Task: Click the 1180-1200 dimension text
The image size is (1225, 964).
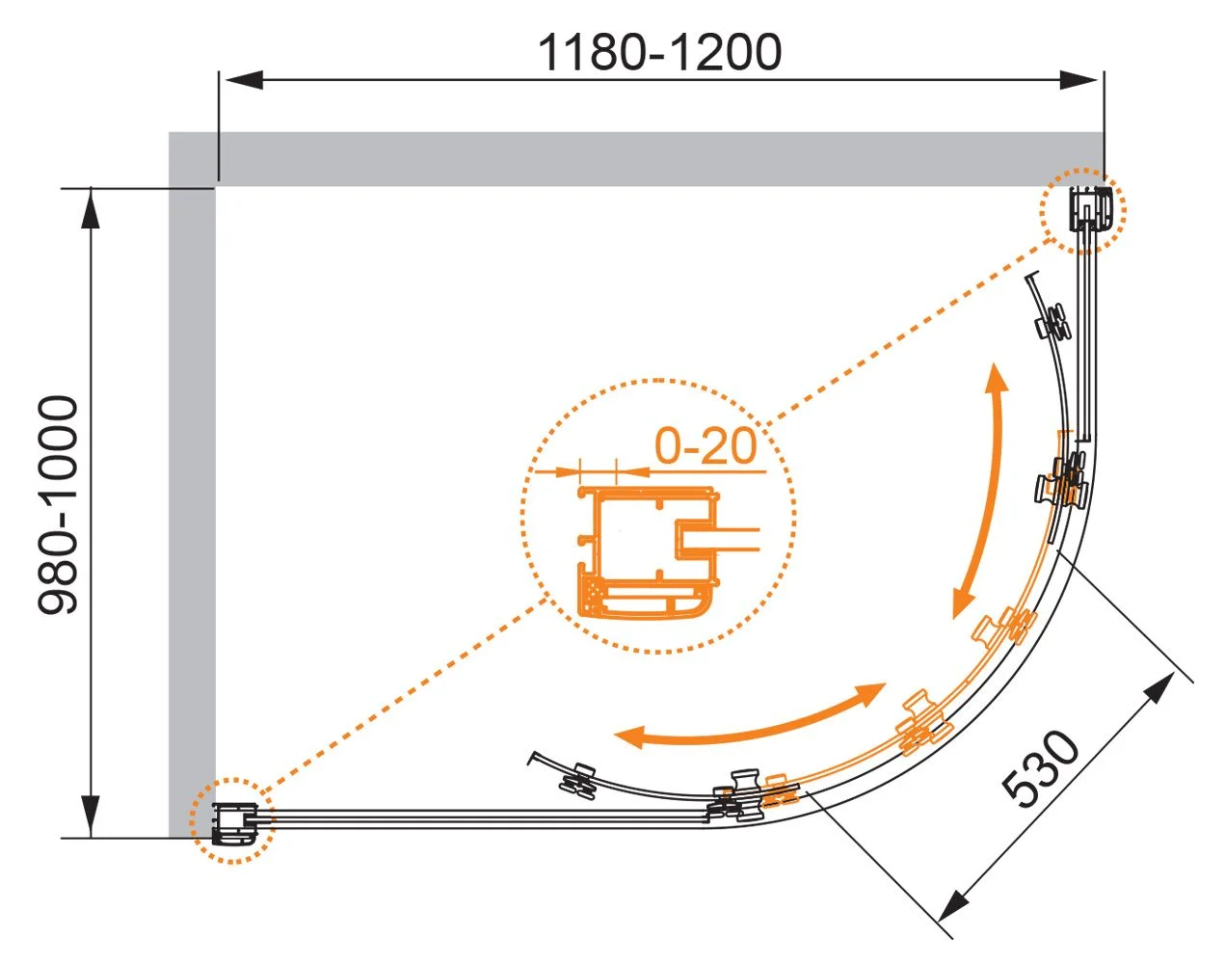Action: click(659, 52)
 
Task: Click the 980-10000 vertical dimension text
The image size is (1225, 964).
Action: click(58, 505)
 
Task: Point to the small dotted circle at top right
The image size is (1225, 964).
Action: click(1082, 211)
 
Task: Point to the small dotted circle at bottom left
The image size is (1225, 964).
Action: click(232, 820)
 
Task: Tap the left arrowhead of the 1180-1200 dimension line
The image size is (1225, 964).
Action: click(244, 80)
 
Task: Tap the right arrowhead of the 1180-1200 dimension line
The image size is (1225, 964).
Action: click(1079, 80)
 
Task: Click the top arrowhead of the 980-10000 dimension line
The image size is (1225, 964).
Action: click(91, 208)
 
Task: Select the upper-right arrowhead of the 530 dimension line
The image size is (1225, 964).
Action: click(1158, 689)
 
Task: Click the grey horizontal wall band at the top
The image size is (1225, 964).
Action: click(636, 159)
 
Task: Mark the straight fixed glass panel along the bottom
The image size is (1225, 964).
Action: click(484, 818)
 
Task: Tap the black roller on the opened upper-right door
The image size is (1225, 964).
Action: click(1054, 323)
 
